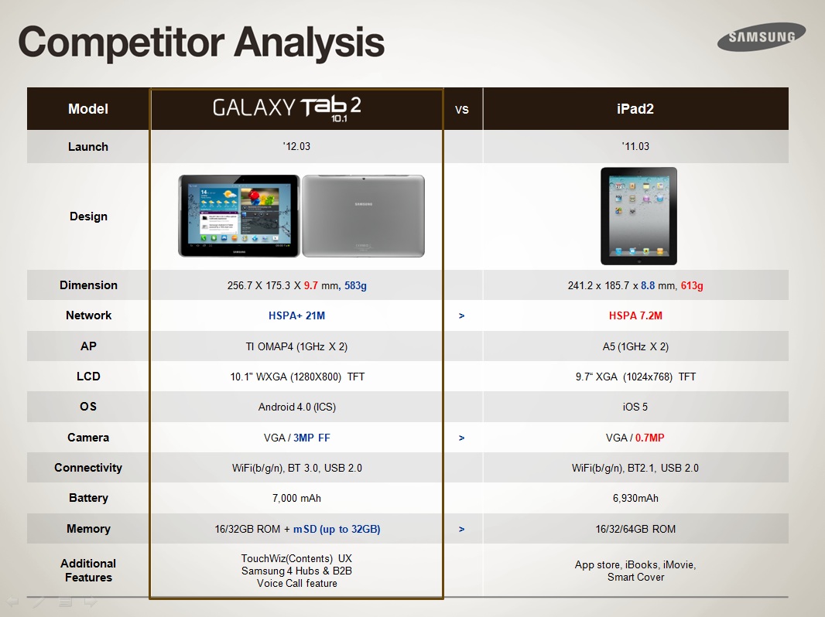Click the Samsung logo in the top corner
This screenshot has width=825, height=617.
pos(762,36)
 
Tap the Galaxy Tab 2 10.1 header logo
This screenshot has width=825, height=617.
pos(287,108)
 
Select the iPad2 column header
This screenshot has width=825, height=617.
pos(635,109)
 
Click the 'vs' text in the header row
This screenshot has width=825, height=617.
pos(461,109)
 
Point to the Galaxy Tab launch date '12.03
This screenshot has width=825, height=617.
pos(296,146)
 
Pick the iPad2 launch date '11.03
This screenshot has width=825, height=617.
pos(635,146)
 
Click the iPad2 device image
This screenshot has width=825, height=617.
pos(638,216)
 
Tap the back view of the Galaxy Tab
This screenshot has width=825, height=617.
pos(364,216)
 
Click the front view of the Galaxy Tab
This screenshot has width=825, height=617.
pos(239,216)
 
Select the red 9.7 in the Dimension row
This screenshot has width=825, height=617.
pos(311,285)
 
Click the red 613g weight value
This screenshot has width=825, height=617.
pos(692,285)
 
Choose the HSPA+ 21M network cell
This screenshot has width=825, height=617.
pos(296,315)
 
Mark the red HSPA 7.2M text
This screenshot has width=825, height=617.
pos(635,315)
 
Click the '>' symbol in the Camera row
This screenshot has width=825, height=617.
pos(461,438)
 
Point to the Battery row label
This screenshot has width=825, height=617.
pos(88,498)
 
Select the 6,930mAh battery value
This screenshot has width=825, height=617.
pos(635,498)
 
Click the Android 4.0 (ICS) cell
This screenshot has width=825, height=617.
pos(296,407)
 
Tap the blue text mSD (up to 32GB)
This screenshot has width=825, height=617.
pos(337,529)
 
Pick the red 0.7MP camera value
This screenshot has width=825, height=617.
pos(650,438)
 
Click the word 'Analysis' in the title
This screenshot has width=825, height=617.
pos(310,43)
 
